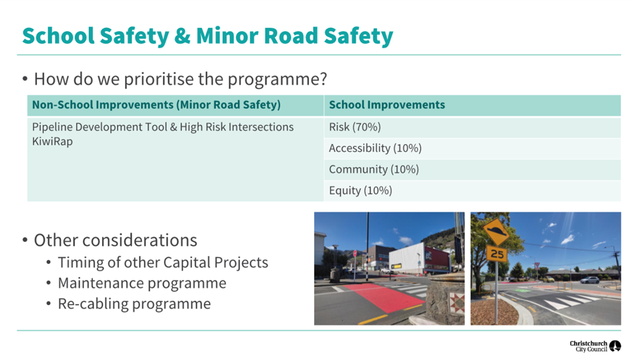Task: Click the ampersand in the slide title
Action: click(x=182, y=36)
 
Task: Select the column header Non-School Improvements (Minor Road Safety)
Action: click(x=156, y=104)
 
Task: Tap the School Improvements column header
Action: click(x=387, y=104)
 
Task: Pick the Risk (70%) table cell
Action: click(x=355, y=127)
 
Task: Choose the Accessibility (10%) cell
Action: click(x=375, y=148)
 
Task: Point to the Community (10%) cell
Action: click(x=374, y=169)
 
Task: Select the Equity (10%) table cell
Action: click(x=360, y=191)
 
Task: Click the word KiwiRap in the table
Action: click(x=52, y=141)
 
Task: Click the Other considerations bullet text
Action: click(x=115, y=240)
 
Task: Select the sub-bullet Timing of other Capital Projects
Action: click(x=162, y=263)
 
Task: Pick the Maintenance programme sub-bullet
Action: click(x=142, y=283)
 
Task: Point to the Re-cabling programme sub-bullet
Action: click(x=134, y=304)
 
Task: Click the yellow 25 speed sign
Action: click(x=497, y=254)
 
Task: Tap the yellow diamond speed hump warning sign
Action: click(x=496, y=233)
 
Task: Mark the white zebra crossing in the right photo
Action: click(x=571, y=301)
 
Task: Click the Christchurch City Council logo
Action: click(x=596, y=346)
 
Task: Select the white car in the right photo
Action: click(x=589, y=280)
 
